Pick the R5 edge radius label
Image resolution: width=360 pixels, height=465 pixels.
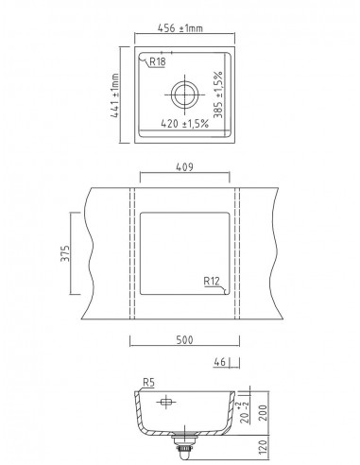147,384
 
